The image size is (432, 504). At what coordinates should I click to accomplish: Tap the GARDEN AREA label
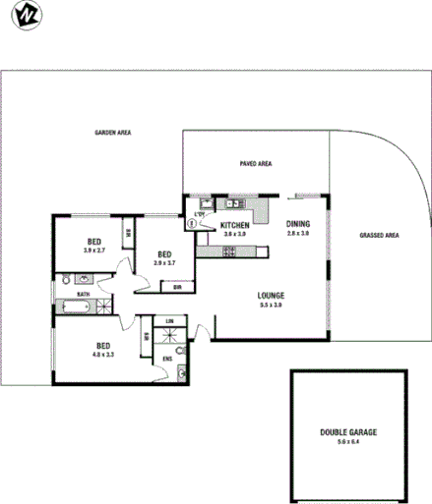click(x=113, y=133)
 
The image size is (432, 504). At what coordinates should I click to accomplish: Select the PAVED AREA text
click(x=255, y=164)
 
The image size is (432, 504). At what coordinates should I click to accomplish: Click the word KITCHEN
click(x=235, y=225)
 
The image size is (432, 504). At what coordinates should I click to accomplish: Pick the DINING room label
click(x=298, y=224)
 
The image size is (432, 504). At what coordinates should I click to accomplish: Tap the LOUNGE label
click(x=271, y=296)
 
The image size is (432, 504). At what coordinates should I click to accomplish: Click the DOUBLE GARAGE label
click(x=348, y=433)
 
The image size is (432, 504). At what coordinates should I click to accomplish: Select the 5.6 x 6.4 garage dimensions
click(x=348, y=443)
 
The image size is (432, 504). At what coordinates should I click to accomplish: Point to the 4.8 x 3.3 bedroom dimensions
click(x=103, y=355)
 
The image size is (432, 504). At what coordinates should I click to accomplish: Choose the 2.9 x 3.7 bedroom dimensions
click(x=164, y=262)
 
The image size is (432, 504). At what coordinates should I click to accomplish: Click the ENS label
click(x=167, y=360)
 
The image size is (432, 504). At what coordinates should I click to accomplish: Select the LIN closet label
click(x=169, y=321)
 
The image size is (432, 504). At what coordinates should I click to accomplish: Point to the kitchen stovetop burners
click(x=229, y=252)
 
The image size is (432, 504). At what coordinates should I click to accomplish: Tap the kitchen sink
click(x=235, y=204)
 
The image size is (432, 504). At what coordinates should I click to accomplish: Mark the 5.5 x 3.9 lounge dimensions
click(x=271, y=306)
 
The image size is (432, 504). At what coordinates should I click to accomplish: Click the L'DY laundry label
click(x=200, y=215)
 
